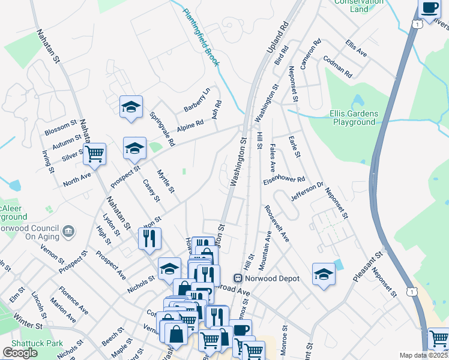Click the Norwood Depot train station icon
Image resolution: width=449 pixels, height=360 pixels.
point(238,278)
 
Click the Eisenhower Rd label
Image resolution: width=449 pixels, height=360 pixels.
point(284,179)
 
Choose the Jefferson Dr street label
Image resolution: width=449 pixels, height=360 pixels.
point(307,191)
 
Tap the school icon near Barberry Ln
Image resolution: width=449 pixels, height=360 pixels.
point(131,107)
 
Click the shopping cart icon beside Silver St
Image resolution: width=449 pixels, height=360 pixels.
point(94,155)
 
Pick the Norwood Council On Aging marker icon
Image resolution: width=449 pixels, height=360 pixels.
point(68,230)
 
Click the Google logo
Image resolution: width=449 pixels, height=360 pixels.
point(20,353)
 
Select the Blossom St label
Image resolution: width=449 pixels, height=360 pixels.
point(61,128)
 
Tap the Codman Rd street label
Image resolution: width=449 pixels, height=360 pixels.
point(337,67)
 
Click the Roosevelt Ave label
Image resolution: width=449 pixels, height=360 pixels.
point(277,223)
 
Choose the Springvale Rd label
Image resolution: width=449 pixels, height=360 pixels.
point(162,129)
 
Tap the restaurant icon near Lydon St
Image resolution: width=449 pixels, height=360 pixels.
point(149,238)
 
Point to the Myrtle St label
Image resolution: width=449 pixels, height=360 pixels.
point(166,181)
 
